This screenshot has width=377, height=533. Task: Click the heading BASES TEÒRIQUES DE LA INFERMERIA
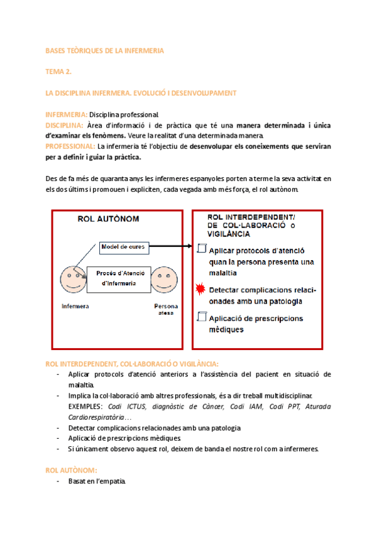[x=105, y=51]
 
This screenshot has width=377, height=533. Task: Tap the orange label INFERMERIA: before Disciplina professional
[x=66, y=114]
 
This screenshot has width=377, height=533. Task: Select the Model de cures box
[x=123, y=247]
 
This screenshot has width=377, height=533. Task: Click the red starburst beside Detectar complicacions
[x=201, y=290]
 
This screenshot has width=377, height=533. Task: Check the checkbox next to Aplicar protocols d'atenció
[x=201, y=250]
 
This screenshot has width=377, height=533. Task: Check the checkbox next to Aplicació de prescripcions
[x=201, y=317]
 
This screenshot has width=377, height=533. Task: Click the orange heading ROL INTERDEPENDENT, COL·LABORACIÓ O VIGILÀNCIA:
[x=132, y=364]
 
